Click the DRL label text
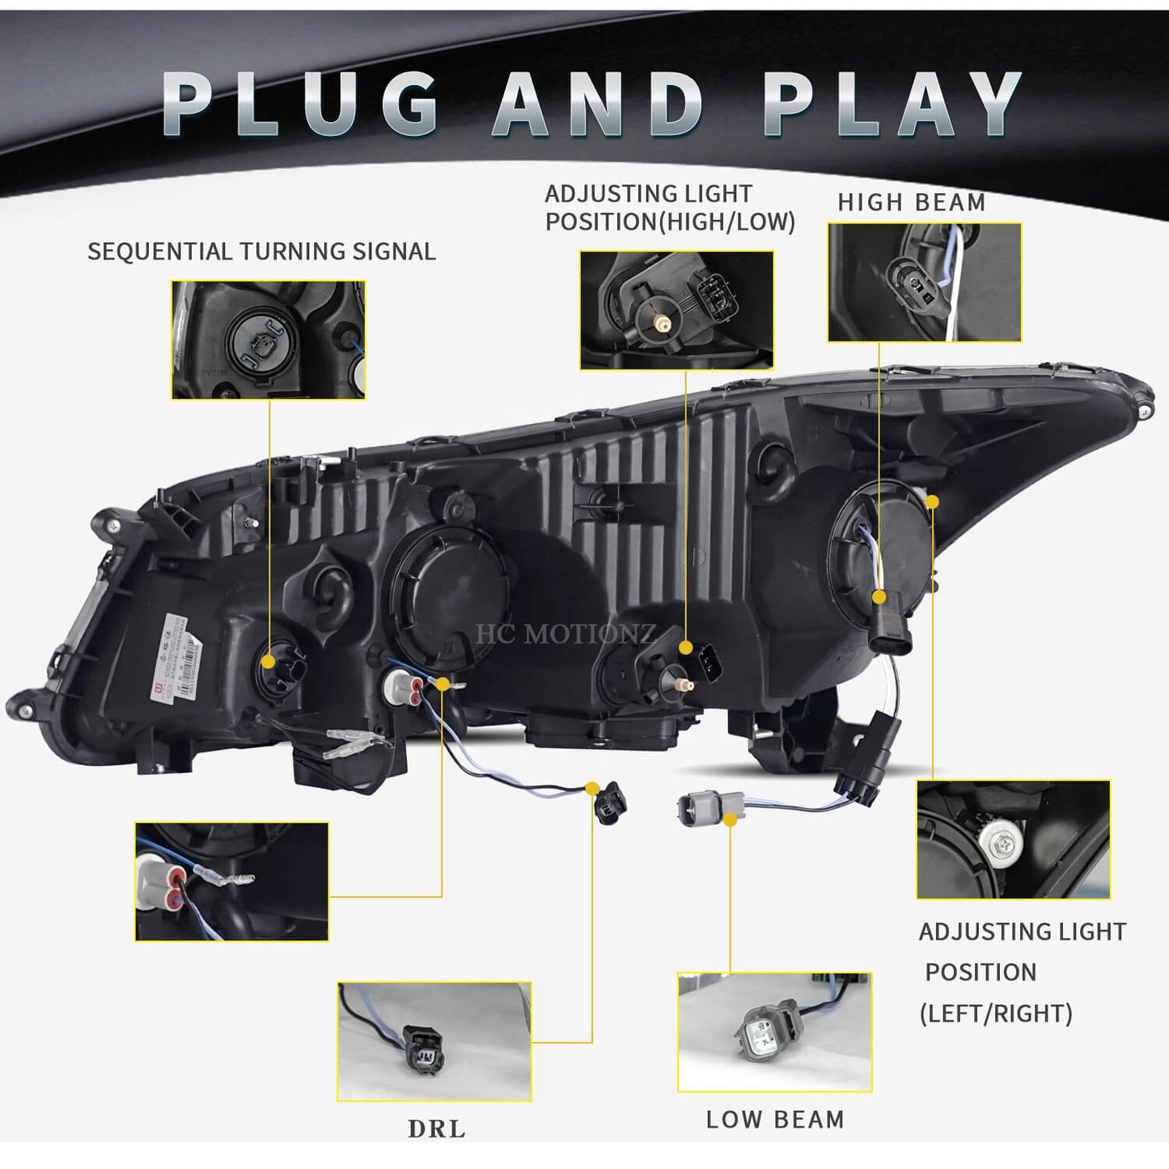tap(437, 1129)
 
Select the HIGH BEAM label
tap(911, 202)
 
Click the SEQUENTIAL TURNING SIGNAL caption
tap(261, 252)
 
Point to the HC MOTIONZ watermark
tap(565, 634)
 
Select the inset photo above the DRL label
tap(434, 1041)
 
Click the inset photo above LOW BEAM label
tap(774, 1031)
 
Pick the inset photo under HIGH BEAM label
tap(924, 282)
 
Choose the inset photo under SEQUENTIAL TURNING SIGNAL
tap(268, 340)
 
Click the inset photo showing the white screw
tap(1013, 840)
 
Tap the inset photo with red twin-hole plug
tap(231, 882)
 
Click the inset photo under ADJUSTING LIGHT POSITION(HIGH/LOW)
tap(676, 310)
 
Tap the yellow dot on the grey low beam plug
tap(730, 820)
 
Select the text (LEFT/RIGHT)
tap(996, 1013)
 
